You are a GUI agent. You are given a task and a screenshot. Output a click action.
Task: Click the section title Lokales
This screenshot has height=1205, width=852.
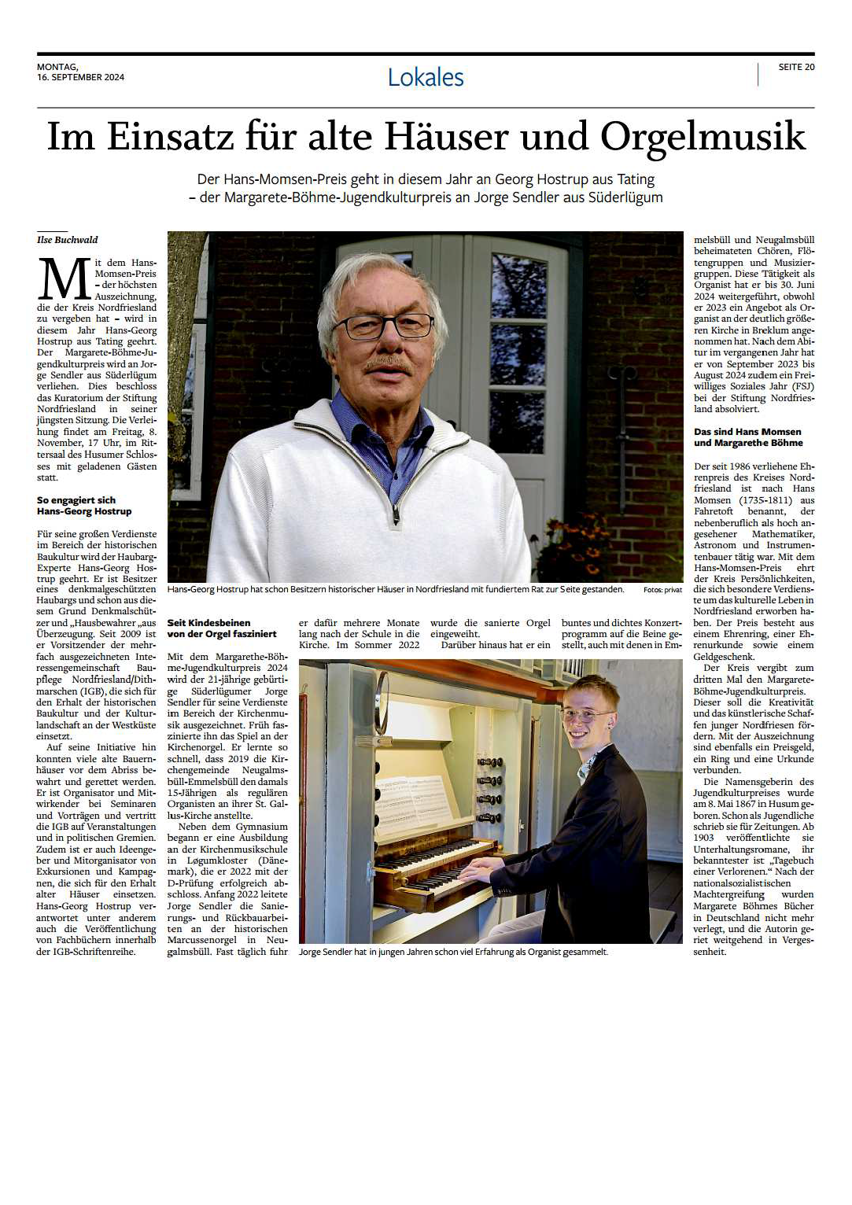tap(426, 77)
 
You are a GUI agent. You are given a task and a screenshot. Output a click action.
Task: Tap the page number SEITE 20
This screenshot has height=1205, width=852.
tap(796, 67)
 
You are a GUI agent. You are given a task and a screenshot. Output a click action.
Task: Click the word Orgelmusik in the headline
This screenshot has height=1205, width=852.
tap(703, 136)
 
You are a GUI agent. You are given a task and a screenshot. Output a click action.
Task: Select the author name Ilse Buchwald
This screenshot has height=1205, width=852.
tap(68, 240)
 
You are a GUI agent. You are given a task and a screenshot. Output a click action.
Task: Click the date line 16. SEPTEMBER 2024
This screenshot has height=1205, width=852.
tap(80, 77)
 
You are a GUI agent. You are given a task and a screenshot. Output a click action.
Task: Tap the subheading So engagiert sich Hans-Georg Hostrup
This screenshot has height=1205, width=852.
tap(84, 506)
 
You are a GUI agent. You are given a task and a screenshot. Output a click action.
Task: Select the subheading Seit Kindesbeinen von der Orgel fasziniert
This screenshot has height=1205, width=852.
tap(222, 628)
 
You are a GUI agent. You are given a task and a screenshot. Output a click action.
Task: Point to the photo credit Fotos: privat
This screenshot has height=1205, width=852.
tap(662, 590)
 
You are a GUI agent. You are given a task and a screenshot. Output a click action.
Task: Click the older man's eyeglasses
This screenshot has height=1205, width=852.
tap(384, 325)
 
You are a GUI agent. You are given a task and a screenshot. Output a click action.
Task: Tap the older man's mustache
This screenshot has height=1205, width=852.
tap(389, 363)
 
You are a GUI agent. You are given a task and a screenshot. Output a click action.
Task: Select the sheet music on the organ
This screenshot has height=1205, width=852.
tap(412, 802)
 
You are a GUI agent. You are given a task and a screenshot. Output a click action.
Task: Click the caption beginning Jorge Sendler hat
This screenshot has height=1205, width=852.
tap(453, 952)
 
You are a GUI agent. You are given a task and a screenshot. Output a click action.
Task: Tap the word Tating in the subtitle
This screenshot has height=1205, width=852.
tap(636, 179)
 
